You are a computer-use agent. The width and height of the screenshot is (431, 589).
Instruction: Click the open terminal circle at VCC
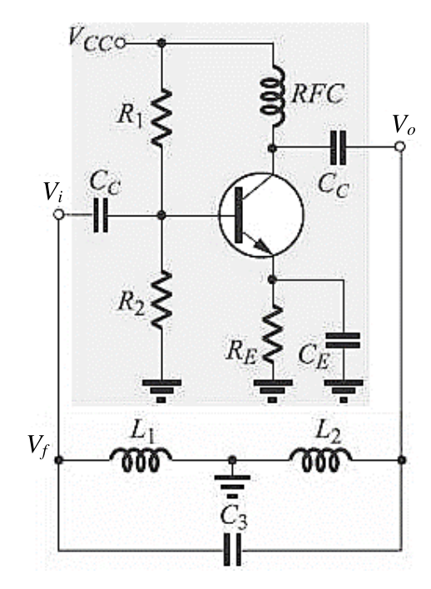[x=121, y=43]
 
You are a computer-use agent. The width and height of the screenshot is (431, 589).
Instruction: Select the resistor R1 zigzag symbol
[x=161, y=117]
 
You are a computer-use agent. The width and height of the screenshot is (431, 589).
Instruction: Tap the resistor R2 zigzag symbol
[x=161, y=299]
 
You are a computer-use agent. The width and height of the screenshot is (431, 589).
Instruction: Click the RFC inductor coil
[x=273, y=95]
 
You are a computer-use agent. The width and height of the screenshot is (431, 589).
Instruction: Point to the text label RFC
[x=318, y=93]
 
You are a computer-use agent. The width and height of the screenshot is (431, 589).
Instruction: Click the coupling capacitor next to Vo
[x=338, y=147]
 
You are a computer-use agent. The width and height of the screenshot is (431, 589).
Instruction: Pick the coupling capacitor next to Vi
[x=101, y=215]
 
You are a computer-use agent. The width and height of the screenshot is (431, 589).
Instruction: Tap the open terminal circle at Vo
[x=400, y=146]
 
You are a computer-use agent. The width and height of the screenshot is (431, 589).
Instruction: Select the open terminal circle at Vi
[x=58, y=215]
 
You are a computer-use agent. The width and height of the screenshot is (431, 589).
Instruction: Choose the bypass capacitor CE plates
[x=343, y=340]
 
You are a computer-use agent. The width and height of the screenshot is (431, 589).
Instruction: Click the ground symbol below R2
[x=161, y=391]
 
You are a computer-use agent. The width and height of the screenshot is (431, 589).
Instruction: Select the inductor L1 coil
[x=141, y=459]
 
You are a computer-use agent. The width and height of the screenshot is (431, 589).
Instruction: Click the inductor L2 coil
[x=320, y=459]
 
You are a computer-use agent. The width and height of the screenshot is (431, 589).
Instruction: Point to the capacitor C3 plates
[x=232, y=549]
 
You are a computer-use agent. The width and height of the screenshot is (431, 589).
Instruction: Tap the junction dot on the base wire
[x=161, y=215]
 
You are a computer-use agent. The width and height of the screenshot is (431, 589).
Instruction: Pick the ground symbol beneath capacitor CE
[x=344, y=391]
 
